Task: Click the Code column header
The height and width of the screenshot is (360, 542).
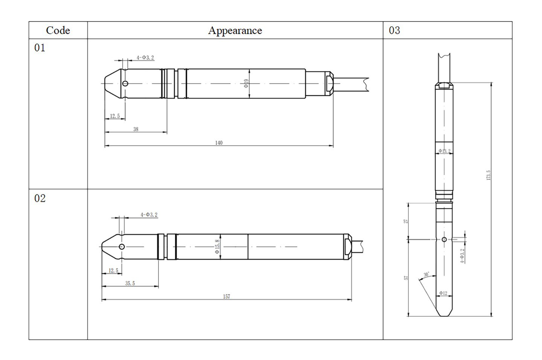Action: pyautogui.click(x=58, y=30)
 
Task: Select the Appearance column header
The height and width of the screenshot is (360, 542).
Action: pyautogui.click(x=235, y=30)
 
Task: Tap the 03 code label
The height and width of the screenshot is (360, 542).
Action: pyautogui.click(x=394, y=30)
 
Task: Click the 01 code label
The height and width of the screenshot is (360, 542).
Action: pyautogui.click(x=40, y=48)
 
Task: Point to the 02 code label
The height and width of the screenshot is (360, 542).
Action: pyautogui.click(x=40, y=198)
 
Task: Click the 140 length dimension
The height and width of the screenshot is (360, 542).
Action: pyautogui.click(x=219, y=143)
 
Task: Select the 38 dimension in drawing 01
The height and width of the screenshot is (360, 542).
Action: pyautogui.click(x=136, y=129)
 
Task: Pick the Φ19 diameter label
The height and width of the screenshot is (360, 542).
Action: pyautogui.click(x=246, y=84)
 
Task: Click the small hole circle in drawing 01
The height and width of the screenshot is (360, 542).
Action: pyautogui.click(x=125, y=84)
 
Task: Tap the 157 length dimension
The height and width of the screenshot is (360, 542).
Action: pyautogui.click(x=226, y=296)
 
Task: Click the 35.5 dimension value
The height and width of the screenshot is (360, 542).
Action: pyautogui.click(x=130, y=283)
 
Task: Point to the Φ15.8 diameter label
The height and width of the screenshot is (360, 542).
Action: pyautogui.click(x=217, y=247)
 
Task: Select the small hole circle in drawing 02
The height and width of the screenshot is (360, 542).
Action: pyautogui.click(x=122, y=247)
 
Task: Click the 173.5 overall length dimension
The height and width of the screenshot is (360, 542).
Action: pyautogui.click(x=489, y=175)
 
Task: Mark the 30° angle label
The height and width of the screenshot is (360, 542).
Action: pyautogui.click(x=426, y=275)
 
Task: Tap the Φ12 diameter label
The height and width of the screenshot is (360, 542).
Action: pyautogui.click(x=443, y=293)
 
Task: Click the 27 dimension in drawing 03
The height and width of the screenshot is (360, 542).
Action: pyautogui.click(x=406, y=221)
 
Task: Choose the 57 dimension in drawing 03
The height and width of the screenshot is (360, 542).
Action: pyautogui.click(x=406, y=278)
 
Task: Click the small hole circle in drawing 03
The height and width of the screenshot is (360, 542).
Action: pyautogui.click(x=444, y=240)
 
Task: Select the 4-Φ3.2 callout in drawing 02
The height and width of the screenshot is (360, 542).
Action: pyautogui.click(x=149, y=215)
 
